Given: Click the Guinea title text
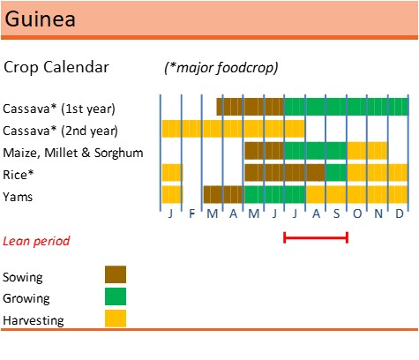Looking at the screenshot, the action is [40, 19].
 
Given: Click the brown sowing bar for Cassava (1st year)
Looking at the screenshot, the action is [251, 107].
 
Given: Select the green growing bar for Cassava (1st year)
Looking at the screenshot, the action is [346, 107].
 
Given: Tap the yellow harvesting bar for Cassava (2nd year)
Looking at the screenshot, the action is [233, 129].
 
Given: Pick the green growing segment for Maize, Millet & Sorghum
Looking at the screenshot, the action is [315, 151].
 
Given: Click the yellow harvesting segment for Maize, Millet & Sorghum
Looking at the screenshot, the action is [367, 151].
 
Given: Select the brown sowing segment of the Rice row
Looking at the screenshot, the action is [285, 173].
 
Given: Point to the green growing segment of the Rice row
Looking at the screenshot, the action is [336, 173].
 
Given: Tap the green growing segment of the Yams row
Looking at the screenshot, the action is [274, 194].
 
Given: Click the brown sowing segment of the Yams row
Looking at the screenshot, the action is [223, 194].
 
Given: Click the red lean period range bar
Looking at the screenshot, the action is [316, 237].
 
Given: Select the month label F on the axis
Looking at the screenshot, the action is [191, 214].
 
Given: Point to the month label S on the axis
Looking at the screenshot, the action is [336, 214].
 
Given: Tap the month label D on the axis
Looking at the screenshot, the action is [399, 214].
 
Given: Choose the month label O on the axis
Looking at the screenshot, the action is [357, 214].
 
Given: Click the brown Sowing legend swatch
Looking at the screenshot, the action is [116, 274].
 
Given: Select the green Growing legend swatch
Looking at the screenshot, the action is [116, 296].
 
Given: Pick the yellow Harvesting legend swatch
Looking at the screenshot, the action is [116, 319].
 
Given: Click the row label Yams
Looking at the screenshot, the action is [18, 197].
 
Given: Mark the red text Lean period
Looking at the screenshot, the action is [36, 241].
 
